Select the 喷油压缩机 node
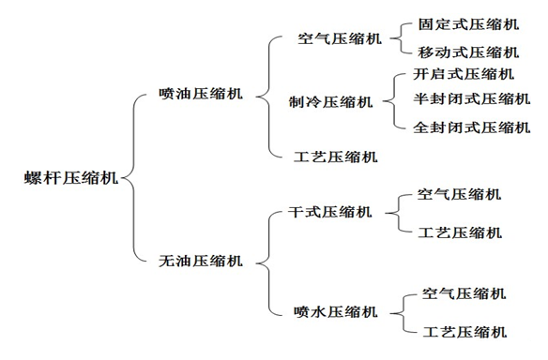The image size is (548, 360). click(201, 94)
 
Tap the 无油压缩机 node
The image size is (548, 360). click(201, 261)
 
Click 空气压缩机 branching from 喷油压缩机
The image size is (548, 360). click(339, 40)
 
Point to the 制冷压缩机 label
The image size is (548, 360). click(331, 102)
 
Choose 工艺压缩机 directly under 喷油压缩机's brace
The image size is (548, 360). click(336, 157)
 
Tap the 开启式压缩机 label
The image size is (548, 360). click(464, 74)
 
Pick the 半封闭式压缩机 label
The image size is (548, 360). click(472, 99)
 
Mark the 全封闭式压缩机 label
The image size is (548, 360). click(472, 127)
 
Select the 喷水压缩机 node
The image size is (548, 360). click(336, 311)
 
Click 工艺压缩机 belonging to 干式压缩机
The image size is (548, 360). click(459, 232)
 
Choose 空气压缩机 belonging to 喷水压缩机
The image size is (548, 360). click(465, 293)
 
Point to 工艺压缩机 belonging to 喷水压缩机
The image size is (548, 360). click(465, 332)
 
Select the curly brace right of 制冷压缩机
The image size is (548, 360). click(392, 101)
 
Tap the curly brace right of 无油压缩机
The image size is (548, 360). click(265, 261)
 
